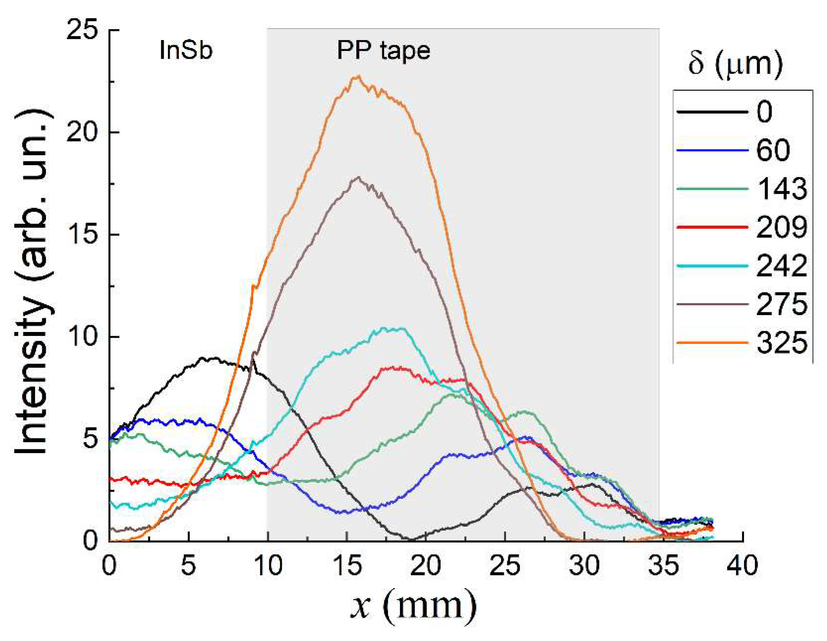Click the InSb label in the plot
186,51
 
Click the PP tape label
383,51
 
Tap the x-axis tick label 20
426,566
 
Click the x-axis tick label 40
742,566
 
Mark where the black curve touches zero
411,539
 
